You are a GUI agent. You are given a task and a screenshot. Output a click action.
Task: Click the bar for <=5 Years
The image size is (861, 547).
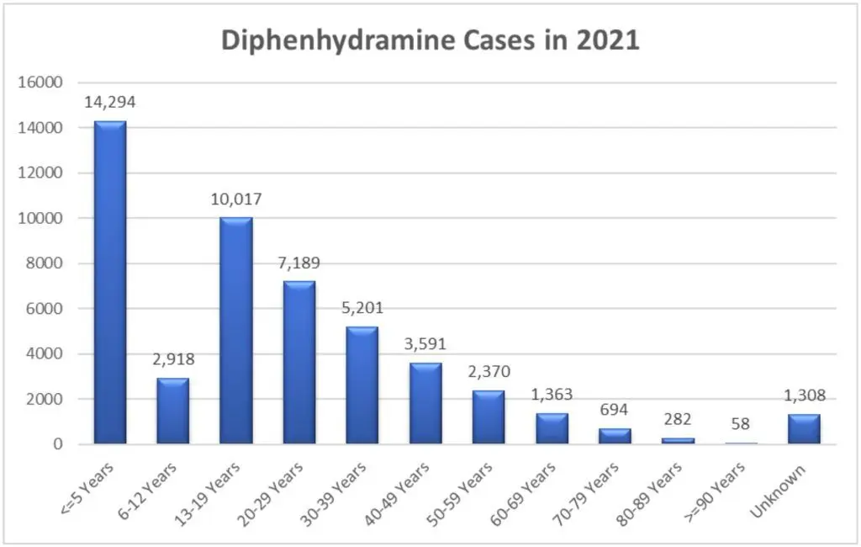110,282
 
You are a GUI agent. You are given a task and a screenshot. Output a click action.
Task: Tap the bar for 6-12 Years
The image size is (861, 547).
173,411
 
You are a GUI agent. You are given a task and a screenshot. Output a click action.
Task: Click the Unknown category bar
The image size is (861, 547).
804,428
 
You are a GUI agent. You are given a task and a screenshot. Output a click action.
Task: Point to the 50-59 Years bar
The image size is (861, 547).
489,417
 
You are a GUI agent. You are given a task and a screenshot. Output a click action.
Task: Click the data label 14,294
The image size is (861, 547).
110,103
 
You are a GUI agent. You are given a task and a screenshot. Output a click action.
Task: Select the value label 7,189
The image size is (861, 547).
299,263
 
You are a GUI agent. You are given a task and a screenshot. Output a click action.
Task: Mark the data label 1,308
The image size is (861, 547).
804,395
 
